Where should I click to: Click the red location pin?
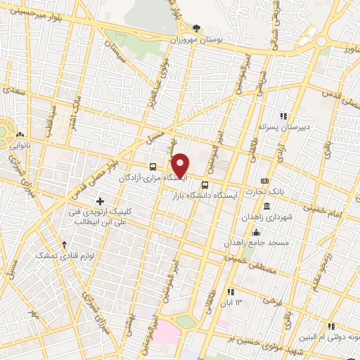tap(181, 165)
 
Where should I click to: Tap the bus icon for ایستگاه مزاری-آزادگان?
tap(153, 167)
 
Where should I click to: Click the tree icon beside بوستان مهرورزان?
tap(196, 29)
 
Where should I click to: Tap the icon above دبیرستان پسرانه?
tap(284, 116)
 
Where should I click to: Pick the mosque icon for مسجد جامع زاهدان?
tap(256, 232)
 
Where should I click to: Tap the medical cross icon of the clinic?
tap(101, 202)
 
